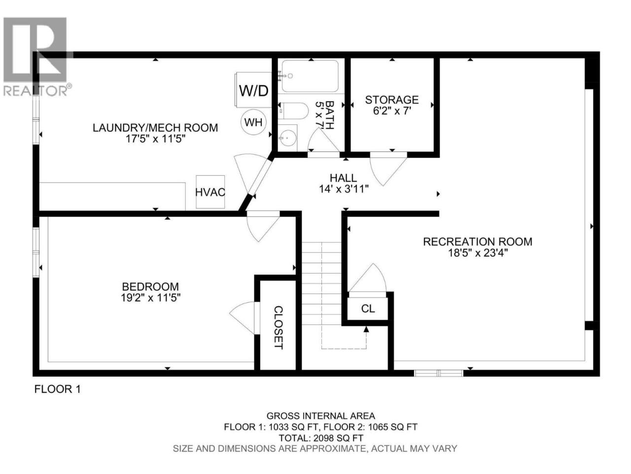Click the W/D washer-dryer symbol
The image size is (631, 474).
pos(253,90)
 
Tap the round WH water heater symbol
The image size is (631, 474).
pos(253,122)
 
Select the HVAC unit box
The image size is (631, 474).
pos(210,192)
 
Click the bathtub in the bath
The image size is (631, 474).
pos(310,76)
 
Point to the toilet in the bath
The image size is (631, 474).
pos(293,111)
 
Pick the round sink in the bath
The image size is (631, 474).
pos(287,138)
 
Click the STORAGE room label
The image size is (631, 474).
pos(391,100)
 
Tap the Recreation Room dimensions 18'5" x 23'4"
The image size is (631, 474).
pos(478,253)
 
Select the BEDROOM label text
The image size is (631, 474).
pos(150,287)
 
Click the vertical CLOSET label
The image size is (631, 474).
pos(278,327)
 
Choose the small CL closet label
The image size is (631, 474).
pos(368,309)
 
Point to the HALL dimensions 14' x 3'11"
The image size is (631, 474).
pos(344,189)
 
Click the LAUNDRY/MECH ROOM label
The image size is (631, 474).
pos(155,127)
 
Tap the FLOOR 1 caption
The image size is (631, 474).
pos(58,389)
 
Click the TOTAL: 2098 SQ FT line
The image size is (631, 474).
pos(321,438)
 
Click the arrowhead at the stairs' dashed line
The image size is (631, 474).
pos(366,329)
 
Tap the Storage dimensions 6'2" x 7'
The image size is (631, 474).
pos(391,111)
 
